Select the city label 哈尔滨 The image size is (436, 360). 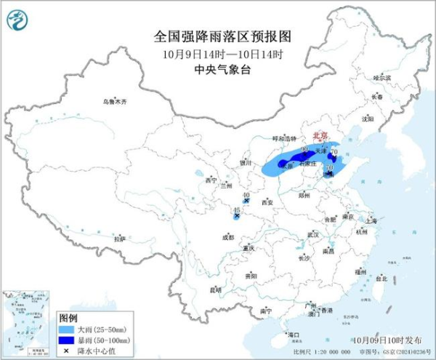(382, 77)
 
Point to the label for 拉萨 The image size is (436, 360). (120, 238)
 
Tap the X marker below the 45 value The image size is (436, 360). (237, 216)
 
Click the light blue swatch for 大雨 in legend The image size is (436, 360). (68, 329)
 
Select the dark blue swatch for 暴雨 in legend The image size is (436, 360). (68, 339)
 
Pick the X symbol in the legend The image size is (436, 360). (68, 350)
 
